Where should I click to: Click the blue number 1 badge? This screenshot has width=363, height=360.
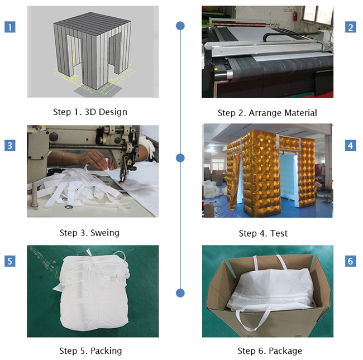[x=10, y=27]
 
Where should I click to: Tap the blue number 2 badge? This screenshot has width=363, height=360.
[x=351, y=27]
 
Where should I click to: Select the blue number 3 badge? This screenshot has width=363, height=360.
[x=10, y=146]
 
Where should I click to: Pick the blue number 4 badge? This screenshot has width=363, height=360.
[x=351, y=146]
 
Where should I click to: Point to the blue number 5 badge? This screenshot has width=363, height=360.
[x=10, y=261]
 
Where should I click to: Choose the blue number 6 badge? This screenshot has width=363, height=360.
[x=351, y=261]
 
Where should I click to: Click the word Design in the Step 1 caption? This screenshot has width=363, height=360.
[x=113, y=112]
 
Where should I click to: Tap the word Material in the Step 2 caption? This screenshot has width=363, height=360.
[x=300, y=113]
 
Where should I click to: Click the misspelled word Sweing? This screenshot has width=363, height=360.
[x=105, y=233]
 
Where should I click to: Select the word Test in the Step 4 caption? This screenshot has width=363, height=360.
[x=279, y=233]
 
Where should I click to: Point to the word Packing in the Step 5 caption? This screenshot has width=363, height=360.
[x=106, y=351]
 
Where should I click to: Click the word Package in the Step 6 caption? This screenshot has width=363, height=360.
[x=285, y=351]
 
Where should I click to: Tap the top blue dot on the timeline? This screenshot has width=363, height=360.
[x=180, y=26]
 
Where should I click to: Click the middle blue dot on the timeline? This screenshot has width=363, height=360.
[x=180, y=158]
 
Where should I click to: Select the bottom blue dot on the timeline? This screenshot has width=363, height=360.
[x=180, y=292]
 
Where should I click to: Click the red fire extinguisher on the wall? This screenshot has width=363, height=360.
[x=295, y=17]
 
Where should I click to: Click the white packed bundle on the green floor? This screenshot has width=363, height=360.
[x=94, y=290]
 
